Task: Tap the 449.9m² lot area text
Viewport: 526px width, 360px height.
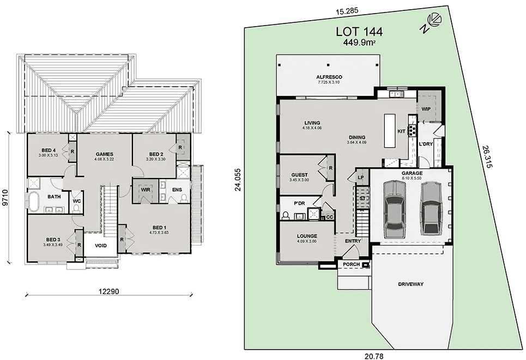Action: coord(361,42)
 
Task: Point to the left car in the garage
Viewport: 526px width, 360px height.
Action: coord(395,208)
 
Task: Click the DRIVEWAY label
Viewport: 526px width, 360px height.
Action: coord(410,284)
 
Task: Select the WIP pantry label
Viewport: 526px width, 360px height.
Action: coord(426,109)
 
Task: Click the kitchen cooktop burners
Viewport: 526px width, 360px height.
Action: coord(413,131)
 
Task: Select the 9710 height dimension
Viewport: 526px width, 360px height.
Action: coord(5,197)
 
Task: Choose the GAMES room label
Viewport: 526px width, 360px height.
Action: coord(104,154)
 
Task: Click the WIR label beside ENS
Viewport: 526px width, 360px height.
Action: coord(145,190)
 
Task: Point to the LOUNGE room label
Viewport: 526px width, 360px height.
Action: coord(307,236)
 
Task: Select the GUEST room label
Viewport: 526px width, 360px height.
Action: coord(299,175)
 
